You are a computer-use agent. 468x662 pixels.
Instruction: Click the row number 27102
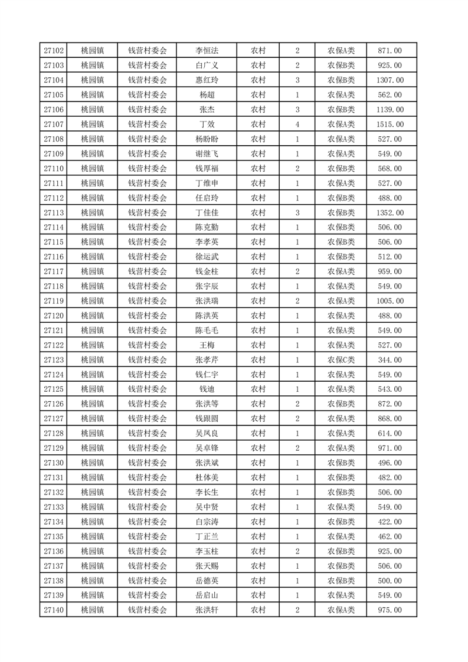tap(54, 51)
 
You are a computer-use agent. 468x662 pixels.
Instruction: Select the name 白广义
tap(207, 65)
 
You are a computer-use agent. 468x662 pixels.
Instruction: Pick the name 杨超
tap(207, 95)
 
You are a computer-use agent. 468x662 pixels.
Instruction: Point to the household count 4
tap(297, 124)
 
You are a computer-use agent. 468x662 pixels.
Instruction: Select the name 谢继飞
tap(207, 154)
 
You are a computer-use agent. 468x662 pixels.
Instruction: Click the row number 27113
tap(54, 212)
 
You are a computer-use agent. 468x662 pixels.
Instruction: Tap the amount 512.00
tap(390, 257)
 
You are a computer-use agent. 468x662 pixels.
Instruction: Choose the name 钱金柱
tap(207, 271)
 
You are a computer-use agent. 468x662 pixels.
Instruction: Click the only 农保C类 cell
tap(341, 360)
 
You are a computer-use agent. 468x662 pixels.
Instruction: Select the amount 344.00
tap(390, 360)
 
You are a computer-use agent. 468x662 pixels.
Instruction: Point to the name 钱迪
tap(207, 389)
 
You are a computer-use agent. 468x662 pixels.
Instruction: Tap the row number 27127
tap(54, 418)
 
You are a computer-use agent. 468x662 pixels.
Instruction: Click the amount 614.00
tap(390, 433)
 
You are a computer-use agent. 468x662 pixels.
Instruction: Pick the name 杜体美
tap(207, 477)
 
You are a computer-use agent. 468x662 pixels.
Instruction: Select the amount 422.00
tap(390, 522)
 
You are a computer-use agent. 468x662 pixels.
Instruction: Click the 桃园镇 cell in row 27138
tap(92, 581)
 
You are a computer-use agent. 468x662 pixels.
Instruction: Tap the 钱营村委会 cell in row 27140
tap(148, 610)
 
